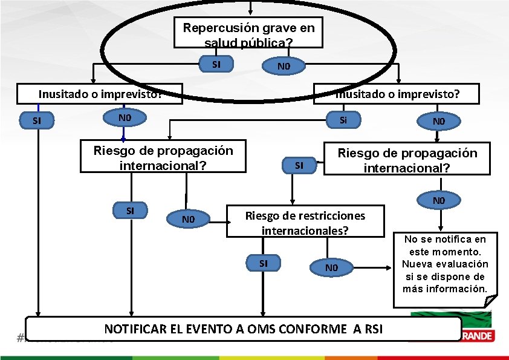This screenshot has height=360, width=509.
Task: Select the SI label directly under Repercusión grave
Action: click(216, 64)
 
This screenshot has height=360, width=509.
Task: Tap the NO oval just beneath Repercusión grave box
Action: click(283, 66)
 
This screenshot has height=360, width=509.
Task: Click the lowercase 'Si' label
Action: click(343, 120)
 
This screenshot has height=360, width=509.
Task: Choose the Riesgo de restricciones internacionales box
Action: click(305, 223)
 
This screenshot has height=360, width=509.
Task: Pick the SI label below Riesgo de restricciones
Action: click(264, 263)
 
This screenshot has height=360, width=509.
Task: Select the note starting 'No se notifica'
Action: click(446, 264)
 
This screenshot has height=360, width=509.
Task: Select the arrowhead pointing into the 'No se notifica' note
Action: click(391, 267)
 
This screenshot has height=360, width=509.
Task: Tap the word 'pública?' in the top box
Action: click(271, 42)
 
